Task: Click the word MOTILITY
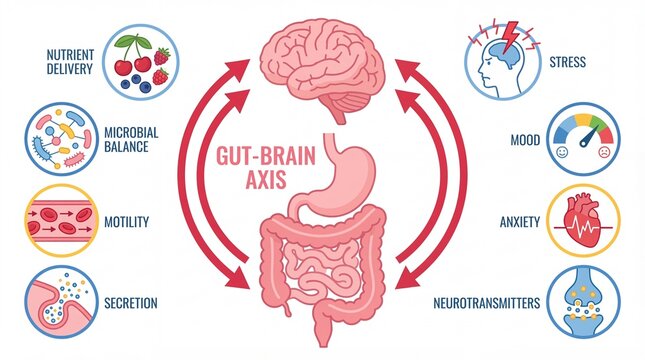pyautogui.click(x=126, y=221)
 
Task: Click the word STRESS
pyautogui.click(x=568, y=62)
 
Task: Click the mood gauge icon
pyautogui.click(x=585, y=140)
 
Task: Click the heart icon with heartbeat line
pyautogui.click(x=586, y=221)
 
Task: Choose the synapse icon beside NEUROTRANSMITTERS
pyautogui.click(x=585, y=301)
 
